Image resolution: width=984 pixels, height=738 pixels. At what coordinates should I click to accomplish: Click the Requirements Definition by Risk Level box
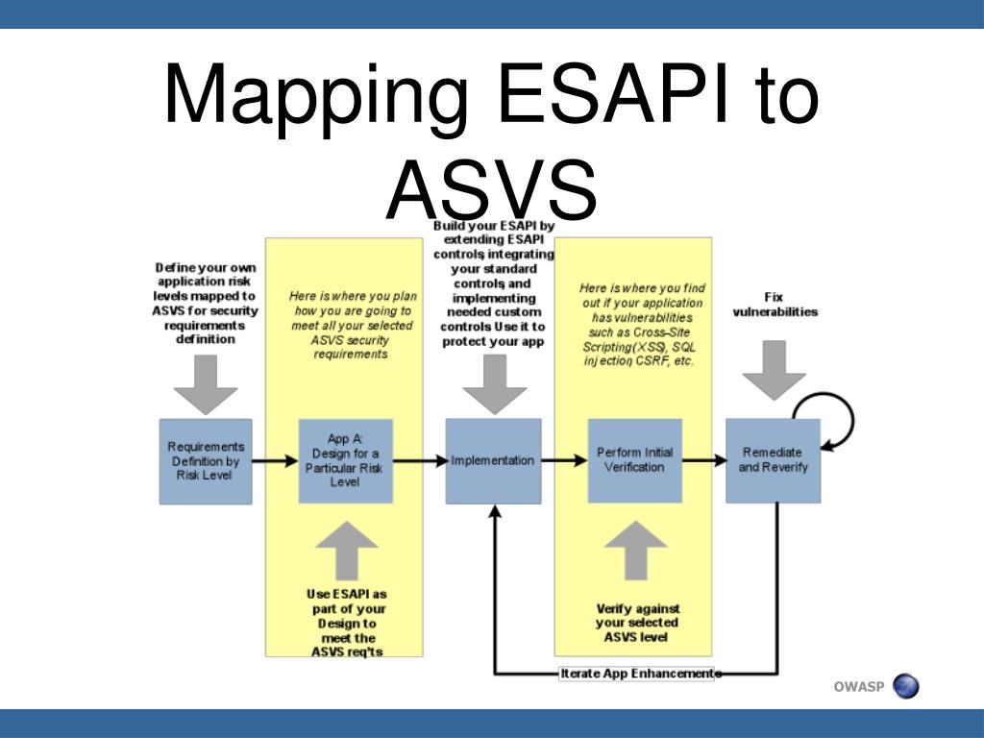point(206,461)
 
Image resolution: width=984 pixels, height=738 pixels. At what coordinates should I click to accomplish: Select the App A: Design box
point(345,460)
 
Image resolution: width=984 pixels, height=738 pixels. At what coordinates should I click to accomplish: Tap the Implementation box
point(493,460)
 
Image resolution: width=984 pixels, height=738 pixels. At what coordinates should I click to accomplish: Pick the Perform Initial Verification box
point(634,460)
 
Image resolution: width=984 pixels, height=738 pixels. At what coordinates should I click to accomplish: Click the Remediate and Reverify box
point(773,460)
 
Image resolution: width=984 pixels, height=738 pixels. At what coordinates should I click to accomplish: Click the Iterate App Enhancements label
point(639,674)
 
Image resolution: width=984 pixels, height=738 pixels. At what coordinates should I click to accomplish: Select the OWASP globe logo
point(905,686)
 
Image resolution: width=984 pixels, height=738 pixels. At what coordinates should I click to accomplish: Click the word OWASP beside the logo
point(858,686)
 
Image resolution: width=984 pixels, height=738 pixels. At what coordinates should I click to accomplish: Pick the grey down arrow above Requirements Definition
point(206,384)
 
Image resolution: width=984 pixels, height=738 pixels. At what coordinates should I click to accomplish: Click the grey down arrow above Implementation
point(494,384)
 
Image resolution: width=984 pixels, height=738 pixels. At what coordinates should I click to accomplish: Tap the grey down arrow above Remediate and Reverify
point(775,371)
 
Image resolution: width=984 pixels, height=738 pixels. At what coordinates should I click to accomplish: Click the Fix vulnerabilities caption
point(775,305)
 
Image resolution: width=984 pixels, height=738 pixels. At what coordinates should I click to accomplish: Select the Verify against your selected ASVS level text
point(637,623)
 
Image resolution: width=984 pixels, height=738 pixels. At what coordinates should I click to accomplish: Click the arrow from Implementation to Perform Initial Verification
point(564,460)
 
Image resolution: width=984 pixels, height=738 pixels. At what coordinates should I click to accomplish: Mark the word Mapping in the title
point(316,96)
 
